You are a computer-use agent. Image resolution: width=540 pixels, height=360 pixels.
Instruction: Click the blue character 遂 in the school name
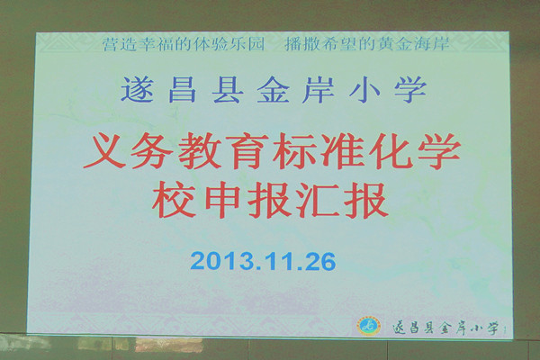[x=137, y=90]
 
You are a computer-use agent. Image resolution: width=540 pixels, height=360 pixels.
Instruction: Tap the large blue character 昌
[x=183, y=90]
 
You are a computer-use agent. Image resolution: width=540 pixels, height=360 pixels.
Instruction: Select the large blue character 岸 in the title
[x=319, y=90]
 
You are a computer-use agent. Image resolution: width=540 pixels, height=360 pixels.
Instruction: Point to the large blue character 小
[x=364, y=90]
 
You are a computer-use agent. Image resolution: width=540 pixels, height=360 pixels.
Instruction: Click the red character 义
[x=104, y=151]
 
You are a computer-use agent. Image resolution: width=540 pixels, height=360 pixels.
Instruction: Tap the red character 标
[x=293, y=151]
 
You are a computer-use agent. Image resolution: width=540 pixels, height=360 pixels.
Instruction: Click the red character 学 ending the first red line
[x=438, y=151]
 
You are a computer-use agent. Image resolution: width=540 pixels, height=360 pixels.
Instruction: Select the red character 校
[x=173, y=200]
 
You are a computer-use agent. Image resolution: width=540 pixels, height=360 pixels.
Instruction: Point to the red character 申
[x=222, y=200]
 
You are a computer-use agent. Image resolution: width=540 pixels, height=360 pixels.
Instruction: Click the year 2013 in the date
[x=221, y=261]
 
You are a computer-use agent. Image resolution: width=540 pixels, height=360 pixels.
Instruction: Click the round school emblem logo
[x=370, y=325]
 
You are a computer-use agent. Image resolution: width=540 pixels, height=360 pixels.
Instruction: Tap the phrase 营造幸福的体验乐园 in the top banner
[x=184, y=44]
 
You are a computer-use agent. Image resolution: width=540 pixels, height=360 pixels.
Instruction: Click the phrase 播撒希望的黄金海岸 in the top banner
[x=367, y=44]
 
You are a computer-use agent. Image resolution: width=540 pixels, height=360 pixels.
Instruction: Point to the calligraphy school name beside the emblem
[x=446, y=328]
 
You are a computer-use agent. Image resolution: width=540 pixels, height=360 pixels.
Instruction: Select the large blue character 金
[x=273, y=90]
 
